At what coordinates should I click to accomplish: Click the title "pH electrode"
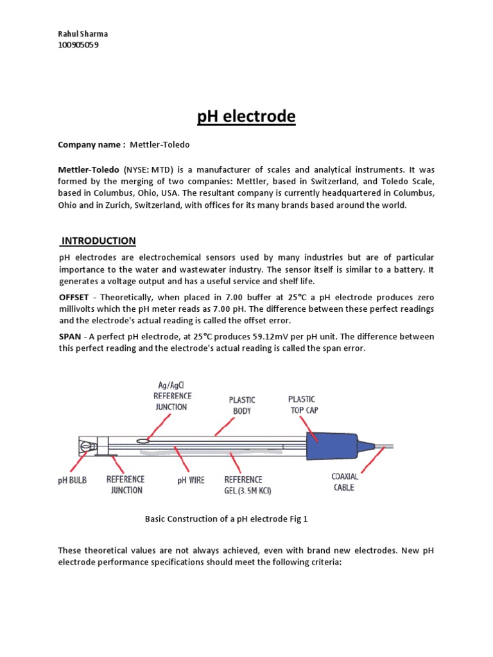pos(246,117)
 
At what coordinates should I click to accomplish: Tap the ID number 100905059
pos(79,45)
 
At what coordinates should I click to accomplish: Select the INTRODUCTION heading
pos(98,241)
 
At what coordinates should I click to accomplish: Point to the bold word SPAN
pos(69,337)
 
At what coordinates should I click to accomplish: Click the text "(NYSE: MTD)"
pos(147,170)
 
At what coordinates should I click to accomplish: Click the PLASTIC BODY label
pos(242,405)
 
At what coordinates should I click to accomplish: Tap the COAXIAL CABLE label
pos(345,482)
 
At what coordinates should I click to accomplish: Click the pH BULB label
pos(71,481)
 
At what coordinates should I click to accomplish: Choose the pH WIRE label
pos(191,481)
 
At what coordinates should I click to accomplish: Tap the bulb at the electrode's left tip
pos(85,447)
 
